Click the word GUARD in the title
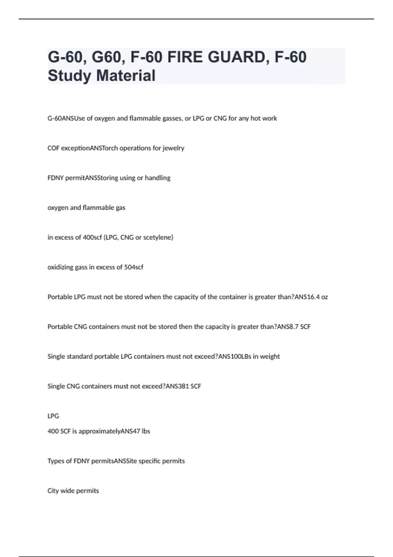[x=236, y=57]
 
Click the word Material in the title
[x=126, y=76]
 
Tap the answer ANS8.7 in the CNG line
[x=288, y=327]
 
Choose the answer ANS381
[x=177, y=386]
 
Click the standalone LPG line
[x=53, y=416]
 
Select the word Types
[x=55, y=461]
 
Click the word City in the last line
[x=53, y=491]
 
